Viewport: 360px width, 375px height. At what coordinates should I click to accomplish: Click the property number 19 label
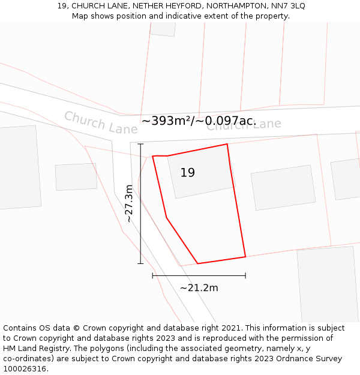(x=187, y=173)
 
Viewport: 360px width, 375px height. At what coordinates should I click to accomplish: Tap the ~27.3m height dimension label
(x=129, y=203)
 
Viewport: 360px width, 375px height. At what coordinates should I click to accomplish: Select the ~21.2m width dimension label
(x=199, y=287)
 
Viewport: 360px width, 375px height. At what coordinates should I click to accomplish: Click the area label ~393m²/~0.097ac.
(x=199, y=121)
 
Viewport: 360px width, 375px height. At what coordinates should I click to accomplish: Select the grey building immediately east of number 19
(x=283, y=187)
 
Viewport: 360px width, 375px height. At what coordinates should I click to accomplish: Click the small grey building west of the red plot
(x=76, y=177)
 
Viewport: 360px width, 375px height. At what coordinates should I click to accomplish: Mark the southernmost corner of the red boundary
(x=197, y=263)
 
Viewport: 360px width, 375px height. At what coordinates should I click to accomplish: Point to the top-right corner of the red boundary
(x=227, y=144)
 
